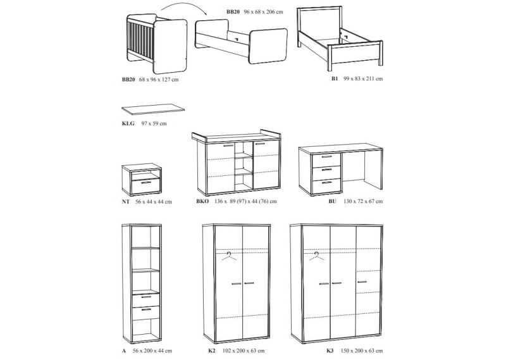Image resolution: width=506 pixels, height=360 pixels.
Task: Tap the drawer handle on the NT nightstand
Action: click(x=145, y=182)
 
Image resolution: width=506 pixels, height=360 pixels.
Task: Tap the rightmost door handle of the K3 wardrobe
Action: click(x=362, y=282)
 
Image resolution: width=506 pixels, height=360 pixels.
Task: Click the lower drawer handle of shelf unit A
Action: click(x=145, y=309)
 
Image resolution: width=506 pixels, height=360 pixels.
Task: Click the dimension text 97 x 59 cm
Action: click(x=155, y=123)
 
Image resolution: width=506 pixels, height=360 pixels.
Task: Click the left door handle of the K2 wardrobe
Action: click(x=238, y=283)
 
